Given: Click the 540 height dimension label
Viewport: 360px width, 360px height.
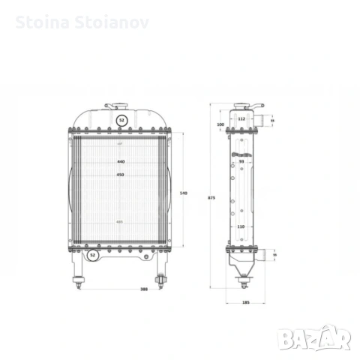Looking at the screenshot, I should click(184, 193).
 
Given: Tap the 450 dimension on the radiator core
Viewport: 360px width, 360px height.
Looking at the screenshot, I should click(121, 175).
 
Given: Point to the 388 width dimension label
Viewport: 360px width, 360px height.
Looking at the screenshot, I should click(144, 289).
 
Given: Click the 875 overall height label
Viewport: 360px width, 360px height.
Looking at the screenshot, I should click(212, 197).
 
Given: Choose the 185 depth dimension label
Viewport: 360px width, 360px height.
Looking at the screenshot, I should click(246, 302).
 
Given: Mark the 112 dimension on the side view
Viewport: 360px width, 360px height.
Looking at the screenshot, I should click(241, 118).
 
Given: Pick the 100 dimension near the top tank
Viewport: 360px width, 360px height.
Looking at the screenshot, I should click(220, 124).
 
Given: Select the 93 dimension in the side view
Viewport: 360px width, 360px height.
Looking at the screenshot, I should click(241, 160).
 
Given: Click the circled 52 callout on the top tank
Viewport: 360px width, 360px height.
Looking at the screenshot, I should click(121, 119).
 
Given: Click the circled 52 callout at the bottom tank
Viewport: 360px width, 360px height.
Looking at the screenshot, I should click(92, 255).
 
